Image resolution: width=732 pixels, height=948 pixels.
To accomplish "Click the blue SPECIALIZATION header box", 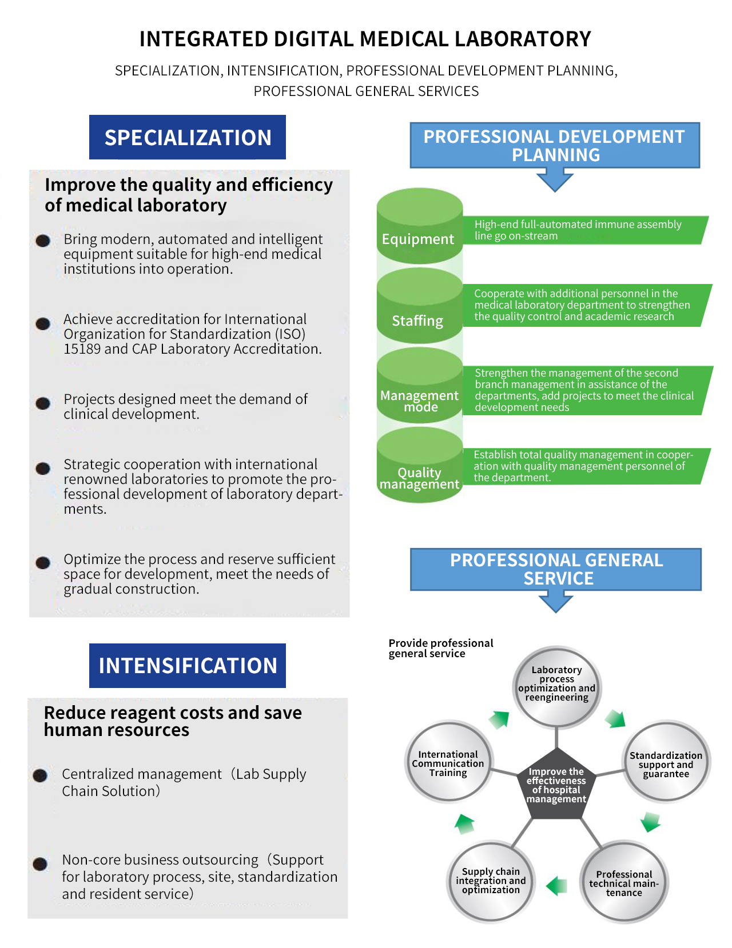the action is tap(187, 137).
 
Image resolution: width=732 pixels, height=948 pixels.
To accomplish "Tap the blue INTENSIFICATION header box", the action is tap(187, 665).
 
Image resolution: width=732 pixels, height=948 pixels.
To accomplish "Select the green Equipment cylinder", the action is tap(420, 226).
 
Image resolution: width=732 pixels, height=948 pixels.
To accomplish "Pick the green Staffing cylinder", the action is tap(420, 305).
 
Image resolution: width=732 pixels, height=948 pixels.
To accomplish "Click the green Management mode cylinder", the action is tap(420, 385).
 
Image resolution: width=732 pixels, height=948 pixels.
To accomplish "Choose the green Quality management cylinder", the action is tap(420, 465).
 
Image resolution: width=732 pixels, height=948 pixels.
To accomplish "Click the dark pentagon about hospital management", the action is tap(556, 784).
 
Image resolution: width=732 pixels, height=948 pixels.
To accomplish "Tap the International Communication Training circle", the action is tap(448, 761).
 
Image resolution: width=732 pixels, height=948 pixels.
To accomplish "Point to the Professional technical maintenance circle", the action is tap(624, 882).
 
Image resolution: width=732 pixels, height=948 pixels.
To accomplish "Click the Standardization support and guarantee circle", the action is tap(666, 762).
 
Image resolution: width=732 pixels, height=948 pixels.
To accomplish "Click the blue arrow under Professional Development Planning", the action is tap(555, 181).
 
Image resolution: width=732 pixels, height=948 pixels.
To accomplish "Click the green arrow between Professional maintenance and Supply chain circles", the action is tap(556, 886).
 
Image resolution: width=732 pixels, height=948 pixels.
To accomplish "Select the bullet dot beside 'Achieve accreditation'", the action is tap(43, 323).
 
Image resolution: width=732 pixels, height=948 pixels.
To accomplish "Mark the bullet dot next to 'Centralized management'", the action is tap(40, 775).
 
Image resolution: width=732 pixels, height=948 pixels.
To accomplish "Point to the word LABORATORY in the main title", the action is tap(523, 39).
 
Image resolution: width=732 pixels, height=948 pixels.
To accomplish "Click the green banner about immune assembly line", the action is tap(585, 230).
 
